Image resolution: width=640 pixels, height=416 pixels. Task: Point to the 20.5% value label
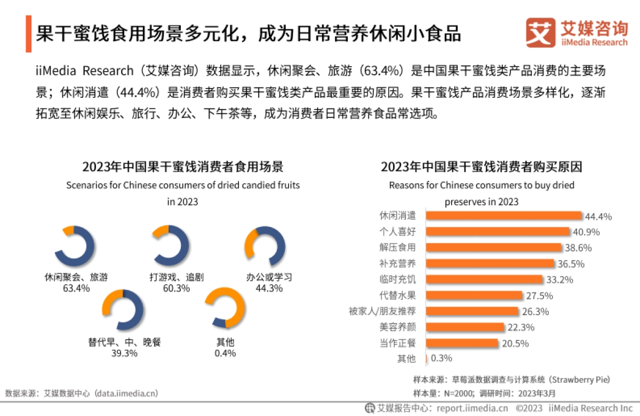[514, 343]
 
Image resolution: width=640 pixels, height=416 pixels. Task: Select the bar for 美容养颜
[465, 327]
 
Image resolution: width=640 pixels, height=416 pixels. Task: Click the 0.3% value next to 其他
[441, 359]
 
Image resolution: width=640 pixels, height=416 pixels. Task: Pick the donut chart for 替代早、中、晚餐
[123, 310]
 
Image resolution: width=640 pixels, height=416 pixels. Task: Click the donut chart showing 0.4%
[225, 310]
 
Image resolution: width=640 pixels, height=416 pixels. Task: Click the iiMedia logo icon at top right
[540, 33]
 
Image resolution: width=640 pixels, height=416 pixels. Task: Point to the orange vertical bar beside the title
[28, 34]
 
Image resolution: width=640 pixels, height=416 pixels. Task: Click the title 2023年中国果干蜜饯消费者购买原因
[481, 167]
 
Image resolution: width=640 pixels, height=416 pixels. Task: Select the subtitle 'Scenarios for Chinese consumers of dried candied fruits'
[182, 186]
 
